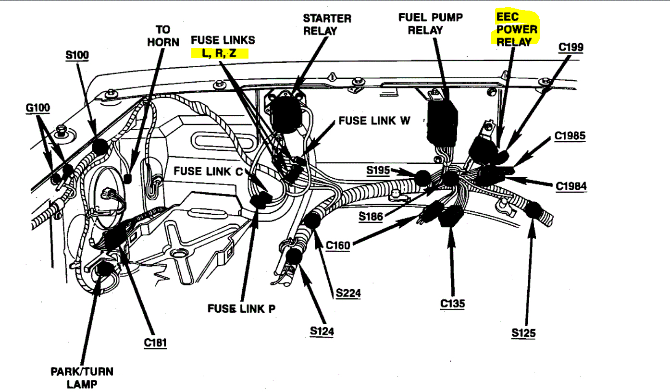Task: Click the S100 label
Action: point(77,55)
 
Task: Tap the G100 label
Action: point(38,108)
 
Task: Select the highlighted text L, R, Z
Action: point(220,53)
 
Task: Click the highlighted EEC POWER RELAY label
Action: point(517,29)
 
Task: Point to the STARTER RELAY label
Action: point(327,24)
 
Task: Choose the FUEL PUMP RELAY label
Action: point(430,24)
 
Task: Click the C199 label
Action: point(571,47)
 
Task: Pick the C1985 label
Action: point(570,136)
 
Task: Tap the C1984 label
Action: point(571,186)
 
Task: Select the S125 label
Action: point(523,332)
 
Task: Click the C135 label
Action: point(452,304)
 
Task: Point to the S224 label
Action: point(348,293)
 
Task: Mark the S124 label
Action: point(322,331)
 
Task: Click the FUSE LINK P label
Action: point(241,308)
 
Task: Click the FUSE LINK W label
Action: point(374,121)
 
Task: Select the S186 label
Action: point(371,217)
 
